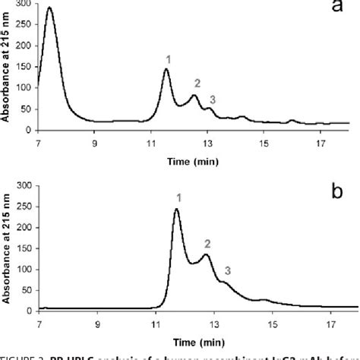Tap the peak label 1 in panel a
tap(168, 58)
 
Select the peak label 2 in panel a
tap(197, 83)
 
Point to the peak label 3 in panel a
tap(212, 99)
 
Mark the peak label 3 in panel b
tap(227, 270)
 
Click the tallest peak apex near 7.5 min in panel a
tap(50, 8)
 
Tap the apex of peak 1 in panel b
tap(177, 210)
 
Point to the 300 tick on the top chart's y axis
tap(27, 5)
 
